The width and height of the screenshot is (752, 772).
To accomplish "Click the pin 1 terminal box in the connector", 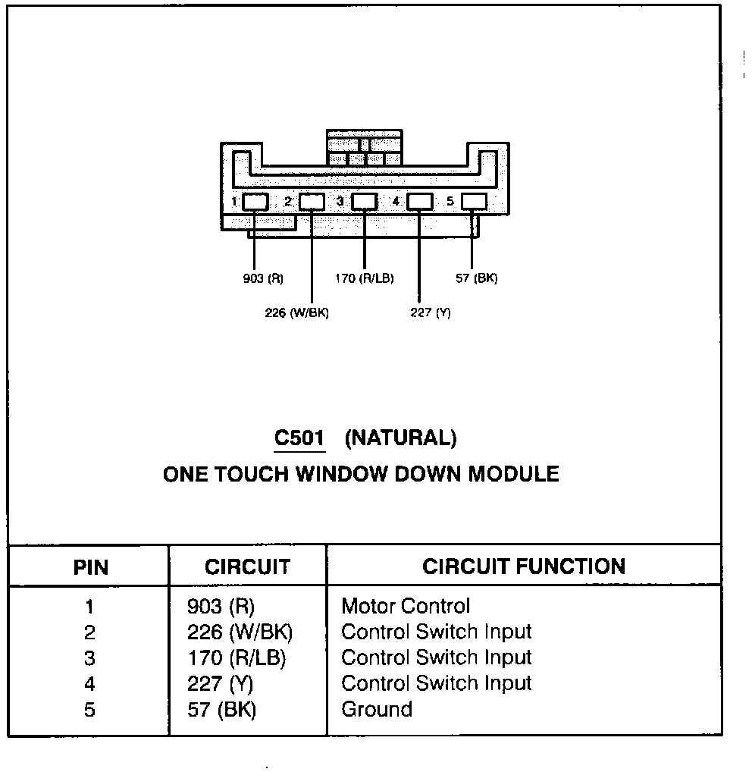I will point(255,201).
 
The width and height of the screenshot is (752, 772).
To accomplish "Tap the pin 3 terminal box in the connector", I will point(365,201).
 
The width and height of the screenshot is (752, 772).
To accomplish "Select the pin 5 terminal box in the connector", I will point(474,201).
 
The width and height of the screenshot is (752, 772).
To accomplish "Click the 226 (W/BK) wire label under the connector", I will point(296,312).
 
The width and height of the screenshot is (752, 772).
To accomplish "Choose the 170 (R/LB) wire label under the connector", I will point(364,278).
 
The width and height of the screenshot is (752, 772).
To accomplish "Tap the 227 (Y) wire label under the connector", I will point(430,312).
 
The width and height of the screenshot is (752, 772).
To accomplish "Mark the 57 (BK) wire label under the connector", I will point(476,278).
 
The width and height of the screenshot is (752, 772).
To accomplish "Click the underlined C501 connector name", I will point(299,438).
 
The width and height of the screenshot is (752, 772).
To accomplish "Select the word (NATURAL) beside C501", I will point(400,438).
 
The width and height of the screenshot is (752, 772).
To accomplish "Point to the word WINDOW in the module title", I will point(343,475).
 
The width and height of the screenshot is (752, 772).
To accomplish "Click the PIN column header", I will point(90,566).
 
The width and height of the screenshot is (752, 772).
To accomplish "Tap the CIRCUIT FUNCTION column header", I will point(523,566).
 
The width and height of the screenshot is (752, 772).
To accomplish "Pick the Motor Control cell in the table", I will point(406,606).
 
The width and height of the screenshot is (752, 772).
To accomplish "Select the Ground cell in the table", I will point(377,709).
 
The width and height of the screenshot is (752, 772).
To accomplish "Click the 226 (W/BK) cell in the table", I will point(240,632).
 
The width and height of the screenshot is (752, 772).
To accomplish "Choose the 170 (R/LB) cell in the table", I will point(237,657).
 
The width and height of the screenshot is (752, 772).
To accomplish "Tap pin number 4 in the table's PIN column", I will point(90,683).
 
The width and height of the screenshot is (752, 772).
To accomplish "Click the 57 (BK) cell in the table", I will point(221,709).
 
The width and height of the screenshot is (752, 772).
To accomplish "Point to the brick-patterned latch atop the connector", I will point(365,148).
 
